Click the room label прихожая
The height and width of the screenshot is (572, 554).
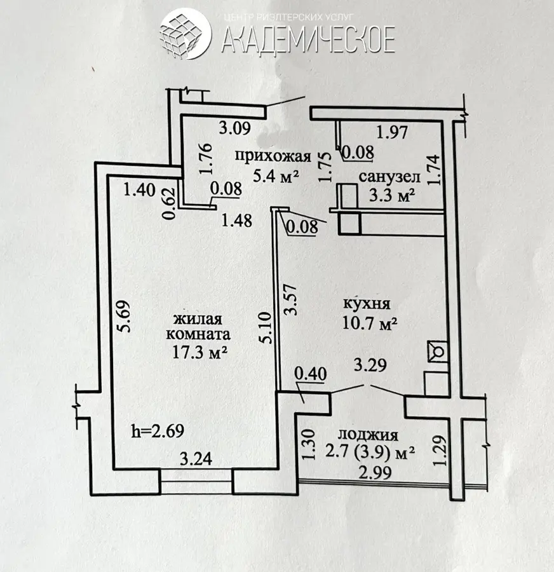(x=273, y=156)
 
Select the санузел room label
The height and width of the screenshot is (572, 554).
(x=389, y=177)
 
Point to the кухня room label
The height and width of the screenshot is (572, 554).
(x=367, y=304)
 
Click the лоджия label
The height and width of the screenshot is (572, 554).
(x=367, y=435)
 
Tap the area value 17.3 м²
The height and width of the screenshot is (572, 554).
(x=200, y=353)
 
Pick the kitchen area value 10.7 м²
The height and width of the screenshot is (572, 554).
(x=370, y=323)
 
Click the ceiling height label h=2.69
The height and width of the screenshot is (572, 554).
(x=158, y=431)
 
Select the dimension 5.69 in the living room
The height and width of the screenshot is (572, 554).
(x=123, y=316)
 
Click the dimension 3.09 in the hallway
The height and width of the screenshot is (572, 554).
(x=235, y=128)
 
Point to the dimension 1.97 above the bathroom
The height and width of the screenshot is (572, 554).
(x=391, y=132)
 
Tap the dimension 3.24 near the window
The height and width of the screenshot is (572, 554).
(x=196, y=459)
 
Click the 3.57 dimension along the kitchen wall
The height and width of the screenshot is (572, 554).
(x=292, y=300)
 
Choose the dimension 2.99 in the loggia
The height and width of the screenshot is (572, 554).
(x=375, y=472)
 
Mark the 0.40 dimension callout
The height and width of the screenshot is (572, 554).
(x=311, y=374)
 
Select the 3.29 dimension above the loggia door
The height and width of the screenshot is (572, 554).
(x=370, y=365)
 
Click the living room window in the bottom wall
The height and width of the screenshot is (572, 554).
(x=196, y=484)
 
